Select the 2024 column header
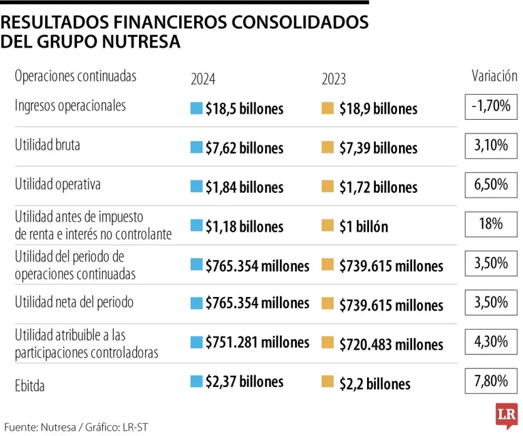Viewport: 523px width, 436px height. pyautogui.click(x=203, y=79)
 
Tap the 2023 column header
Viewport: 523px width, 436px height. pyautogui.click(x=334, y=79)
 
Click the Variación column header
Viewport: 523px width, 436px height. pyautogui.click(x=494, y=76)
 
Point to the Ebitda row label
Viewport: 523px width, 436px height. pyautogui.click(x=30, y=386)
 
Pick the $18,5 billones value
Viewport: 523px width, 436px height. pyautogui.click(x=244, y=108)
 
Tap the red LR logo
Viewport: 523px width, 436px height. pyautogui.click(x=506, y=416)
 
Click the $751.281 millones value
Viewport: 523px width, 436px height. pyautogui.click(x=257, y=342)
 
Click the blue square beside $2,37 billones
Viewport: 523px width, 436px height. pyautogui.click(x=196, y=381)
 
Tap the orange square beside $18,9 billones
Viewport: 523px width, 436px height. pyautogui.click(x=328, y=108)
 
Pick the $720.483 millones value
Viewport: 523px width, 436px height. pyautogui.click(x=392, y=345)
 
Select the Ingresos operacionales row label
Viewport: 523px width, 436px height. pyautogui.click(x=70, y=106)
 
